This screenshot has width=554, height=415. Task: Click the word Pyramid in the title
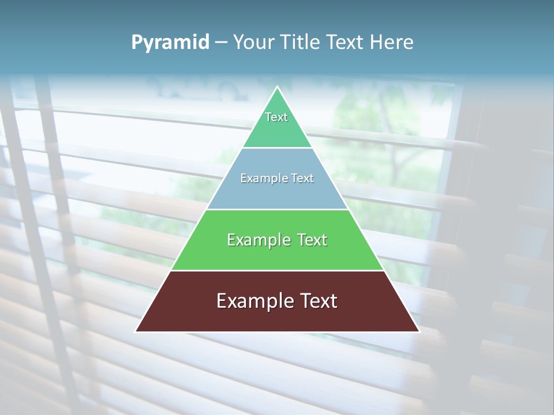click(x=170, y=42)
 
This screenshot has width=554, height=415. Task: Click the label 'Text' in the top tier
click(x=276, y=117)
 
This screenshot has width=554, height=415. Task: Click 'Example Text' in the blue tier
click(x=277, y=178)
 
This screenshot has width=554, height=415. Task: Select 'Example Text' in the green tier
click(x=277, y=240)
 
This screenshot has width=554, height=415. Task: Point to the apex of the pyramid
click(x=278, y=88)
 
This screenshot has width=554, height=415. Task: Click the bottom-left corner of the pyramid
click(x=137, y=331)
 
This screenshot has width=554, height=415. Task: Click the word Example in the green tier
click(x=259, y=240)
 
